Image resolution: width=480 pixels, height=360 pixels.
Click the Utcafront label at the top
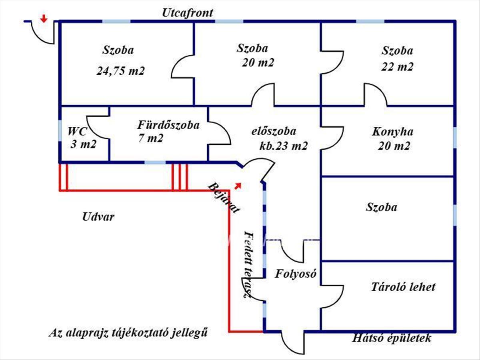pos(188,12)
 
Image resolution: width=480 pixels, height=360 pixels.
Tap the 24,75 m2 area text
pos(120,71)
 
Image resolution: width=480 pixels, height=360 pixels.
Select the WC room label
pos(78,131)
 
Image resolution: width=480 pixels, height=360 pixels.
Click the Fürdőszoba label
pos(168,125)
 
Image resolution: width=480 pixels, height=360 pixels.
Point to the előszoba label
pos(274,132)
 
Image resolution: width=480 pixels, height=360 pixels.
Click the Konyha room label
pos(393,132)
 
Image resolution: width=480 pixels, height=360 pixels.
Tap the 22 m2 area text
pos(397,66)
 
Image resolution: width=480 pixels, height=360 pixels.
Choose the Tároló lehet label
pos(403,287)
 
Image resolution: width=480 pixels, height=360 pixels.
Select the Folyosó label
pos(296,274)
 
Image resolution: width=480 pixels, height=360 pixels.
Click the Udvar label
pos(98,217)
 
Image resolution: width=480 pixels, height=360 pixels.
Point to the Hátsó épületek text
pos(392,338)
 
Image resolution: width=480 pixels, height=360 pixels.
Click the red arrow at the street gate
pos(44,18)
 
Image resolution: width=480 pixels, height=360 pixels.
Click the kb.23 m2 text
pos(283,146)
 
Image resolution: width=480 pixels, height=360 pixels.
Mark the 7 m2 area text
pos(150,139)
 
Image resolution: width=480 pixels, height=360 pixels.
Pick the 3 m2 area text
pos(83,144)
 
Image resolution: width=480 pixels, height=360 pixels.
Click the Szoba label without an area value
pos(381,207)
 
